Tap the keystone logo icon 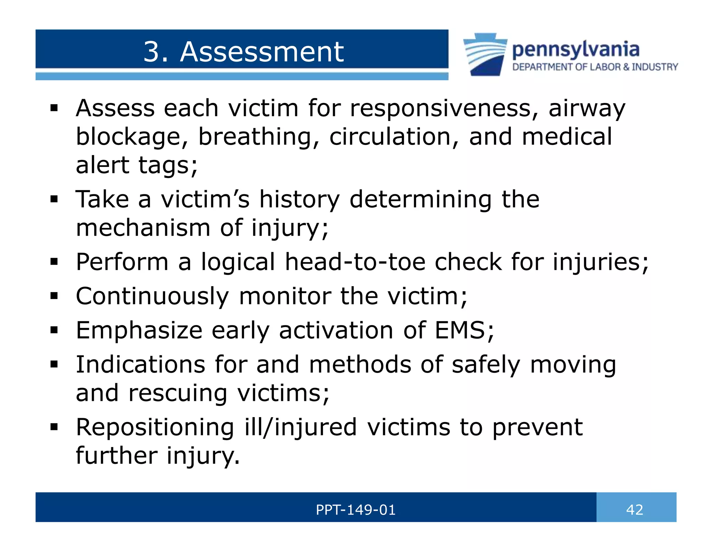pos(485,54)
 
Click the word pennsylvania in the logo pos(576,50)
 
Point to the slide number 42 pos(634,510)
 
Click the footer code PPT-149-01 pos(356,510)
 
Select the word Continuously pos(152,297)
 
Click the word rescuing pos(178,393)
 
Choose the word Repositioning pos(155,427)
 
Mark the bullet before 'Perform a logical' pos(54,262)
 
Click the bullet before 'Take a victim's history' pos(54,200)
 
